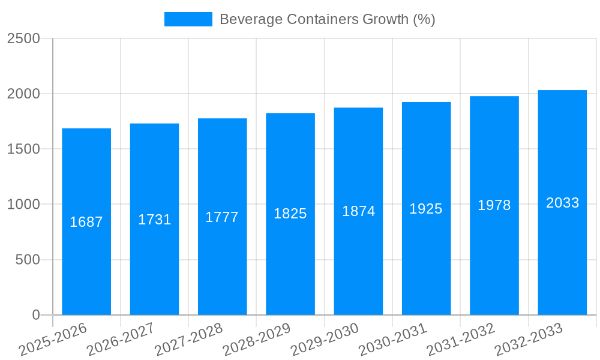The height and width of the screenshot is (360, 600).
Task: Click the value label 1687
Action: pyautogui.click(x=86, y=222)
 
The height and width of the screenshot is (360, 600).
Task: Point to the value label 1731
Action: pyautogui.click(x=155, y=220)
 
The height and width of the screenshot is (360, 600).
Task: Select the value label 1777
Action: pyautogui.click(x=222, y=217)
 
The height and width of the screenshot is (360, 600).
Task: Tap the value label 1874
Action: pyautogui.click(x=358, y=211)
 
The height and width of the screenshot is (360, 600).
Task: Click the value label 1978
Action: pyautogui.click(x=494, y=205)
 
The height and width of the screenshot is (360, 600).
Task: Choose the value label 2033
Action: pyautogui.click(x=562, y=203)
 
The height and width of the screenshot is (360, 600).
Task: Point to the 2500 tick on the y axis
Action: pyautogui.click(x=24, y=38)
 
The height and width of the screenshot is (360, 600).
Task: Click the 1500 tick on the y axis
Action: pyautogui.click(x=24, y=149)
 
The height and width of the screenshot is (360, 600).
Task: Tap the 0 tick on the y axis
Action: pyautogui.click(x=36, y=315)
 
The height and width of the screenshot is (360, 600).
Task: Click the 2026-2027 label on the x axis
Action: pyautogui.click(x=121, y=340)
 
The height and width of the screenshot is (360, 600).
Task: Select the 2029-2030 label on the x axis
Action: pyautogui.click(x=325, y=340)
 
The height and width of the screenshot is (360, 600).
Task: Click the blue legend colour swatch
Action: pyautogui.click(x=188, y=19)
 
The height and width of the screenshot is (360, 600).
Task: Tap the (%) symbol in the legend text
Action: pyautogui.click(x=424, y=19)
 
